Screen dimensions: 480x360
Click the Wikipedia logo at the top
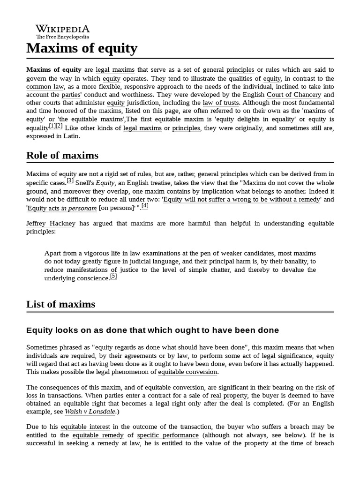pos(63,31)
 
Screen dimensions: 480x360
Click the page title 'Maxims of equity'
pos(82,48)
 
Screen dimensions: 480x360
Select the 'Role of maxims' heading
pos(62,155)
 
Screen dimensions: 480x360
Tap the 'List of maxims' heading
pos(60,304)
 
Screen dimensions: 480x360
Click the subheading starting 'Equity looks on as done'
pos(152,330)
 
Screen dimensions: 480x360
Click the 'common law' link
pos(45,87)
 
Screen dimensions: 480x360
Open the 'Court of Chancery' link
pos(294,95)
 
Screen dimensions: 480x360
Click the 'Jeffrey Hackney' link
pos(51,224)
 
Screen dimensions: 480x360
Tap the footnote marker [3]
pos(70,180)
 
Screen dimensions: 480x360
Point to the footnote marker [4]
pos(145,205)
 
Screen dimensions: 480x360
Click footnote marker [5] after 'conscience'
pos(113,276)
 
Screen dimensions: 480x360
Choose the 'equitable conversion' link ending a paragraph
pos(187,372)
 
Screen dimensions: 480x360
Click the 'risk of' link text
pos(324,388)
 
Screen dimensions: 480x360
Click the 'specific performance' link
pos(168,435)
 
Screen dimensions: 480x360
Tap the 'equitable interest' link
pos(85,427)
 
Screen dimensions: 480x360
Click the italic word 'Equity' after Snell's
pos(105,183)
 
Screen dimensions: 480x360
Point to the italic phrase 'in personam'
pos(79,208)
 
